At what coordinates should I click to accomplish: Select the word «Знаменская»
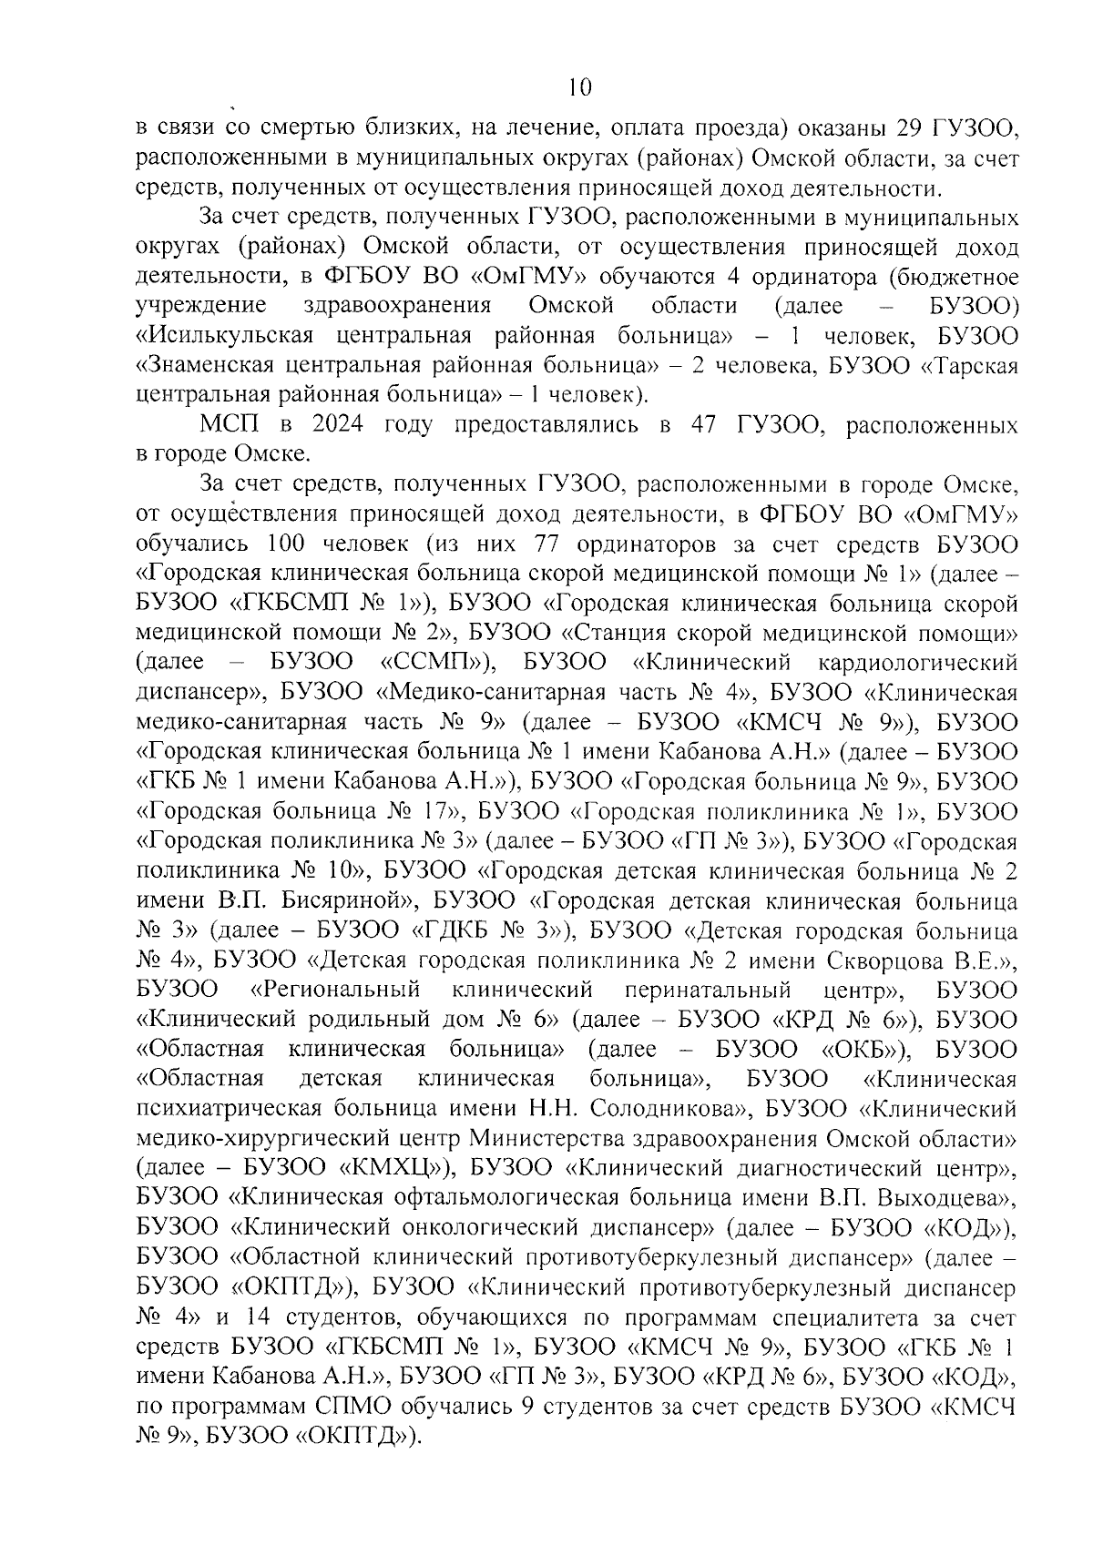(218, 366)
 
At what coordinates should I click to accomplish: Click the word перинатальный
(711, 991)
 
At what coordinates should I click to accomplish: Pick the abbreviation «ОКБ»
(862, 1050)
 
